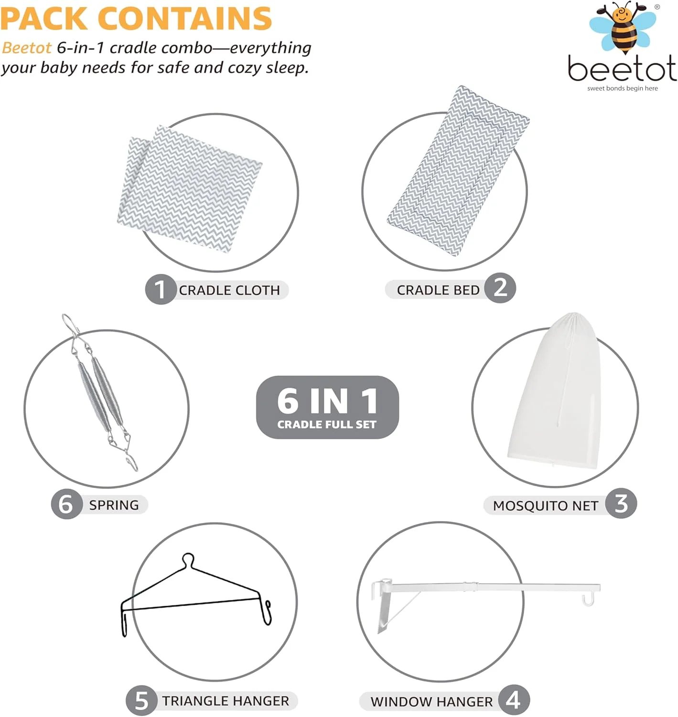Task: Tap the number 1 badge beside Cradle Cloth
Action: (x=160, y=289)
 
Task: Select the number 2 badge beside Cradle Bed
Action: (x=500, y=288)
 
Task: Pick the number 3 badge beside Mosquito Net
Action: (x=621, y=503)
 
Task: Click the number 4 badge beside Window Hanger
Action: (x=514, y=700)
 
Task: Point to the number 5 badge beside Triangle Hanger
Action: (x=141, y=701)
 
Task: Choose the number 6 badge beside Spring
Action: (x=66, y=504)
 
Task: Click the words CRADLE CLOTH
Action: (x=229, y=290)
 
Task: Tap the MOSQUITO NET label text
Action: (x=545, y=505)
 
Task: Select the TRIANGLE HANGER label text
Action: (x=226, y=701)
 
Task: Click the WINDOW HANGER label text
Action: (x=431, y=701)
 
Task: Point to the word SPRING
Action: (x=114, y=505)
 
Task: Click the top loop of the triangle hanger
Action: (x=188, y=558)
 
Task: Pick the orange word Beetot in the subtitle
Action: (x=27, y=48)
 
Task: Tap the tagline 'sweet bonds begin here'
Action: (x=622, y=88)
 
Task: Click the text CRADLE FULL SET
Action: (x=327, y=424)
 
